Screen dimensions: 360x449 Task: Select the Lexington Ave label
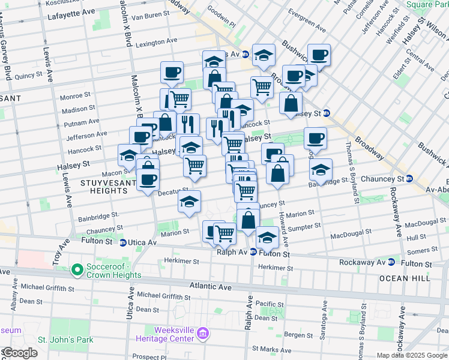click(156, 43)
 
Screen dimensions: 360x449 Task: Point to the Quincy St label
click(28, 76)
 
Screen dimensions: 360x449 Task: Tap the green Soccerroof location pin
click(77, 270)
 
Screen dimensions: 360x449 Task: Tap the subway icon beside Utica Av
click(123, 243)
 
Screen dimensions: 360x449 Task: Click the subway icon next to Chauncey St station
click(409, 179)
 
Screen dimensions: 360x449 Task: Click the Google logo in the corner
click(20, 353)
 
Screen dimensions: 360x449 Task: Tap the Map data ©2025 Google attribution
click(412, 355)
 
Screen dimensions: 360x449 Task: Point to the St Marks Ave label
click(272, 348)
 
